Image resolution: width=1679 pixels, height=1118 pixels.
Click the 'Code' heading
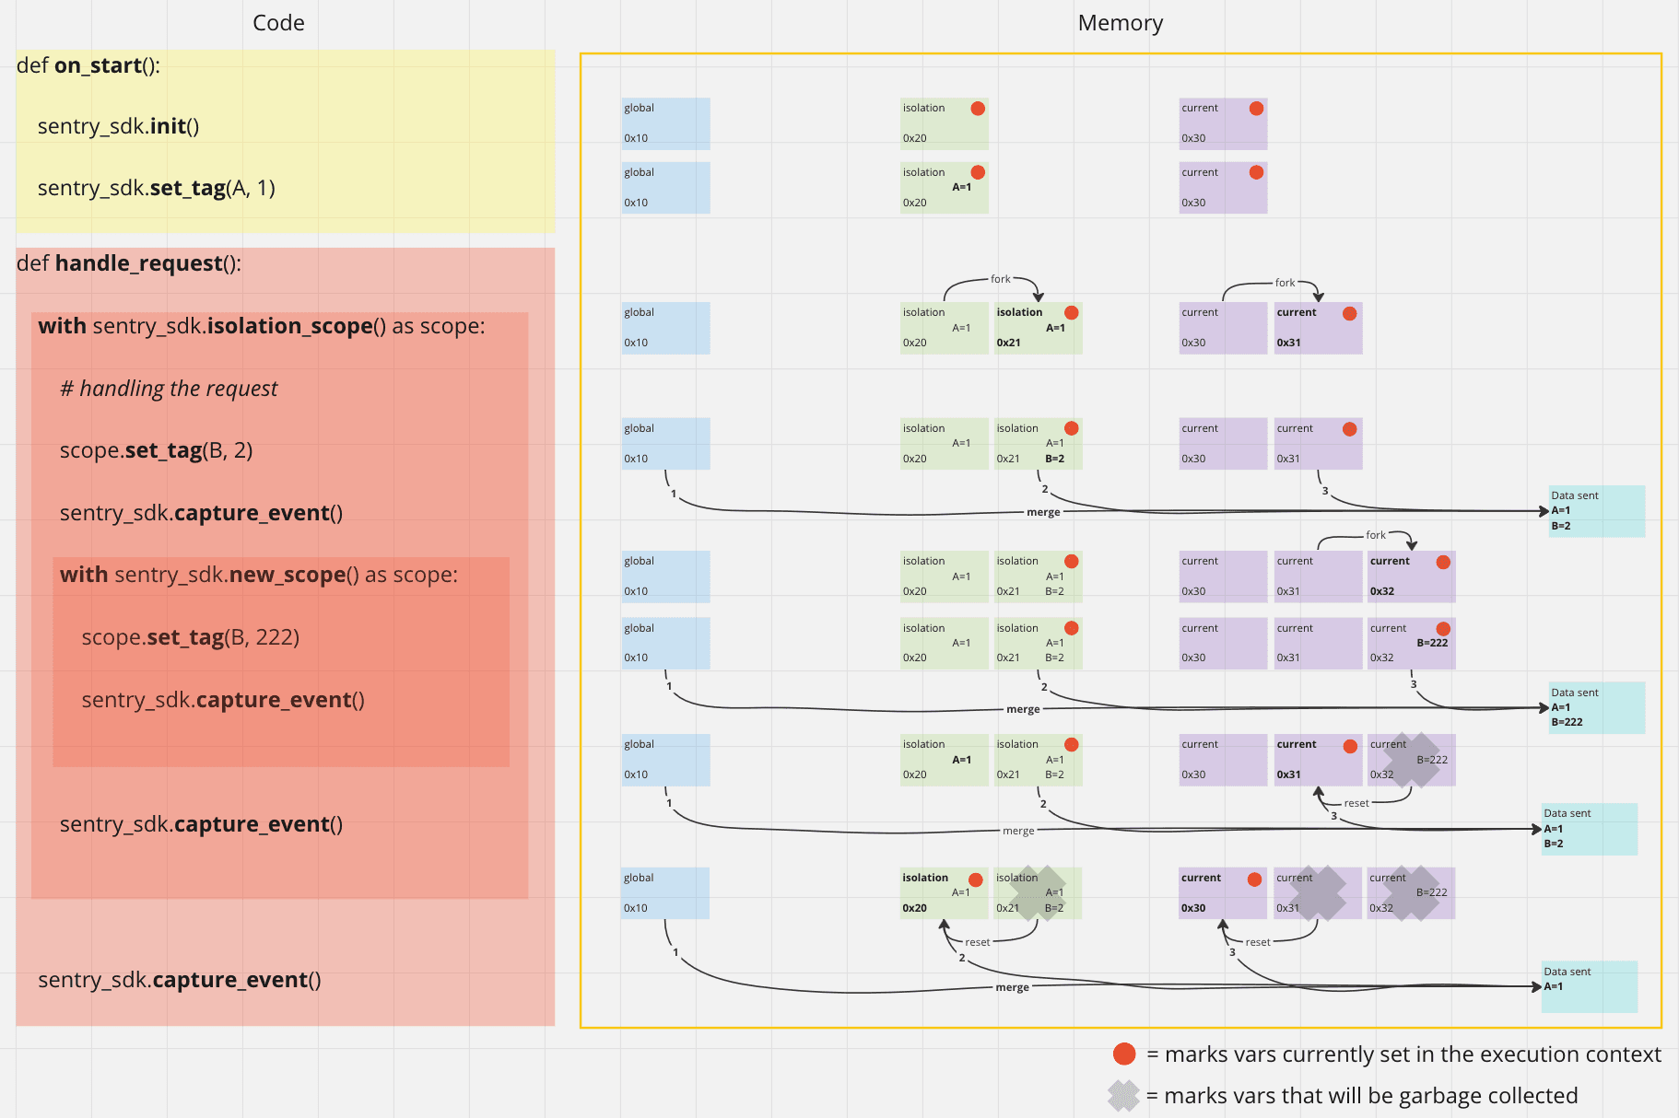278,23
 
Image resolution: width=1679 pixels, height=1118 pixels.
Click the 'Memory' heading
1120,23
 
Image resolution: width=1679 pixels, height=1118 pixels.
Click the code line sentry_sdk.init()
118,126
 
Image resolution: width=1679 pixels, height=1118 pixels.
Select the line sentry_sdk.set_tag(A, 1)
156,188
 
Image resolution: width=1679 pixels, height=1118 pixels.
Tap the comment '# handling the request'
169,389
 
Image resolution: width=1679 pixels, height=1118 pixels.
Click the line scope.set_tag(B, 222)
190,637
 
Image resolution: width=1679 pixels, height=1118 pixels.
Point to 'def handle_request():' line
129,263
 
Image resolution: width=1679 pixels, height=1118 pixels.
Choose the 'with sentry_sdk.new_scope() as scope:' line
258,575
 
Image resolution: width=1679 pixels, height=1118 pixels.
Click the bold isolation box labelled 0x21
1038,328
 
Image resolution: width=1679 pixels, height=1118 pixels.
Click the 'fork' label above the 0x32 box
1375,535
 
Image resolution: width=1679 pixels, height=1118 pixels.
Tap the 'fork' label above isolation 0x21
1000,279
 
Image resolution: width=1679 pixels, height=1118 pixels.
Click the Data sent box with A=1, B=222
1596,707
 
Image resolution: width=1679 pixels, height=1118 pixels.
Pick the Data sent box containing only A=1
1589,986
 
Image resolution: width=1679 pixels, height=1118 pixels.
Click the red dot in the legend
1123,1054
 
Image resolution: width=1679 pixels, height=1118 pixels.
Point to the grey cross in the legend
1123,1096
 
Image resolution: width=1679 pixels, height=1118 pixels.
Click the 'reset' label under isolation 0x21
977,942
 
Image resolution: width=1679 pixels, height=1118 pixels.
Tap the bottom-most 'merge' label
1012,987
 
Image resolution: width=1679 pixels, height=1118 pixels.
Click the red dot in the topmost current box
1255,109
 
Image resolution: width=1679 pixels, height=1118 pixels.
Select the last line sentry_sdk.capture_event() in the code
180,980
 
